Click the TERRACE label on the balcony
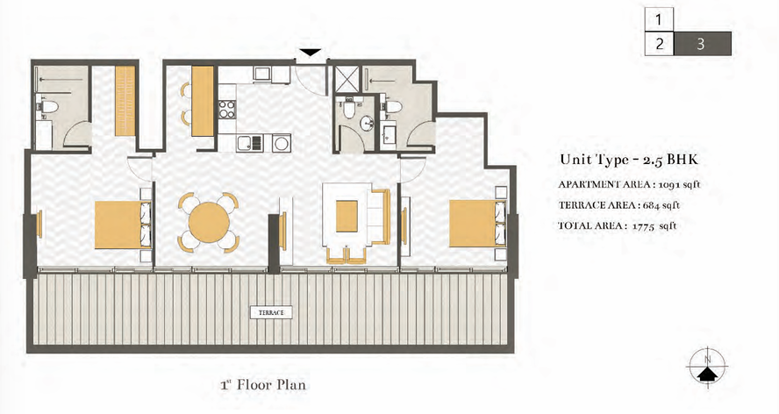tap(271, 312)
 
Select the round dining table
tap(209, 222)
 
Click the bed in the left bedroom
tap(123, 225)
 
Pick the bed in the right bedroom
tap(477, 223)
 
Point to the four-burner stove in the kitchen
tap(227, 109)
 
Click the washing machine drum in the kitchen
tap(282, 143)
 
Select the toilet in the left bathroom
tap(47, 106)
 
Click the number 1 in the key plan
tap(659, 20)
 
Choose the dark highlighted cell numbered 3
tap(702, 44)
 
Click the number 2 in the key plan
tap(660, 44)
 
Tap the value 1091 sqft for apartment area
tap(679, 184)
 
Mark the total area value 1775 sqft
tap(654, 225)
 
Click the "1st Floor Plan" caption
tap(263, 385)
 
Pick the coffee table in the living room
tap(347, 216)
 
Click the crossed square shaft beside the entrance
tap(347, 77)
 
